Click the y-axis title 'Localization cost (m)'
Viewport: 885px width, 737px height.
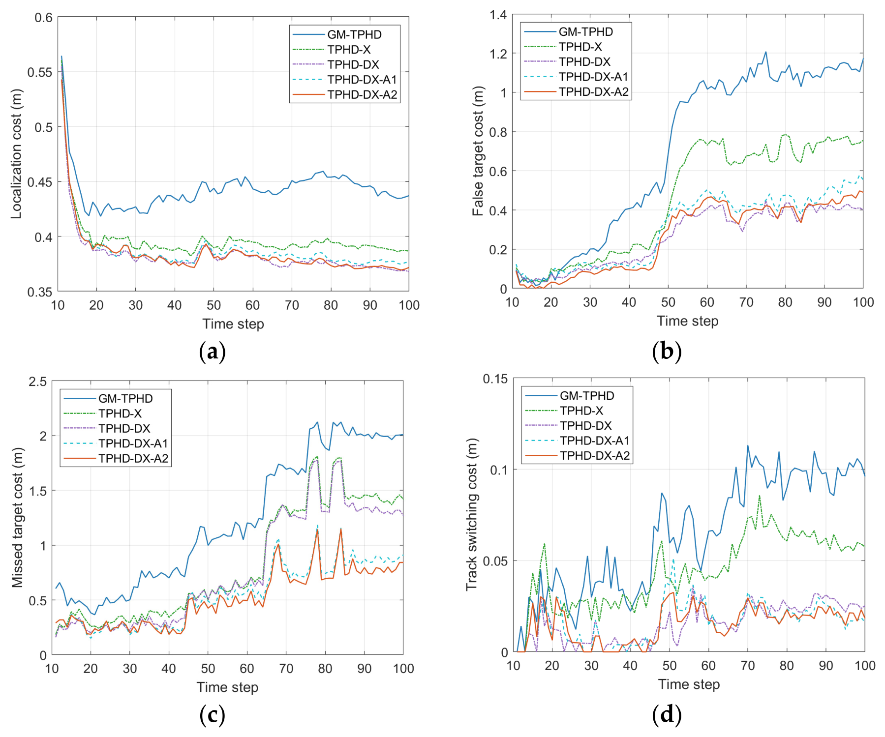pyautogui.click(x=16, y=154)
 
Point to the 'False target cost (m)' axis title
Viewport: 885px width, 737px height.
pyautogui.click(x=478, y=151)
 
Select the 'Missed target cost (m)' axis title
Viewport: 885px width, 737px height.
pyautogui.click(x=17, y=517)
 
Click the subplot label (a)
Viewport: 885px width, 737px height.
pyautogui.click(x=213, y=352)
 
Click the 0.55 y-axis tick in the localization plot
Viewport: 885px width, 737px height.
pyautogui.click(x=40, y=72)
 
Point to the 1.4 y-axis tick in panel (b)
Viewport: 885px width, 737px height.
pyautogui.click(x=498, y=15)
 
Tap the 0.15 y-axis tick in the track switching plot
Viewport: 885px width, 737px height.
pyautogui.click(x=495, y=379)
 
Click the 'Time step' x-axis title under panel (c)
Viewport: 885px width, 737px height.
pyautogui.click(x=227, y=687)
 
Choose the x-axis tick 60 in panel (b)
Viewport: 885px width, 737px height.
pyautogui.click(x=707, y=302)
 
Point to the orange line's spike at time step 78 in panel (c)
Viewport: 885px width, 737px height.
pyautogui.click(x=317, y=530)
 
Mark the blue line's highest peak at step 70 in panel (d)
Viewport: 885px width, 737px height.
pyautogui.click(x=748, y=445)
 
